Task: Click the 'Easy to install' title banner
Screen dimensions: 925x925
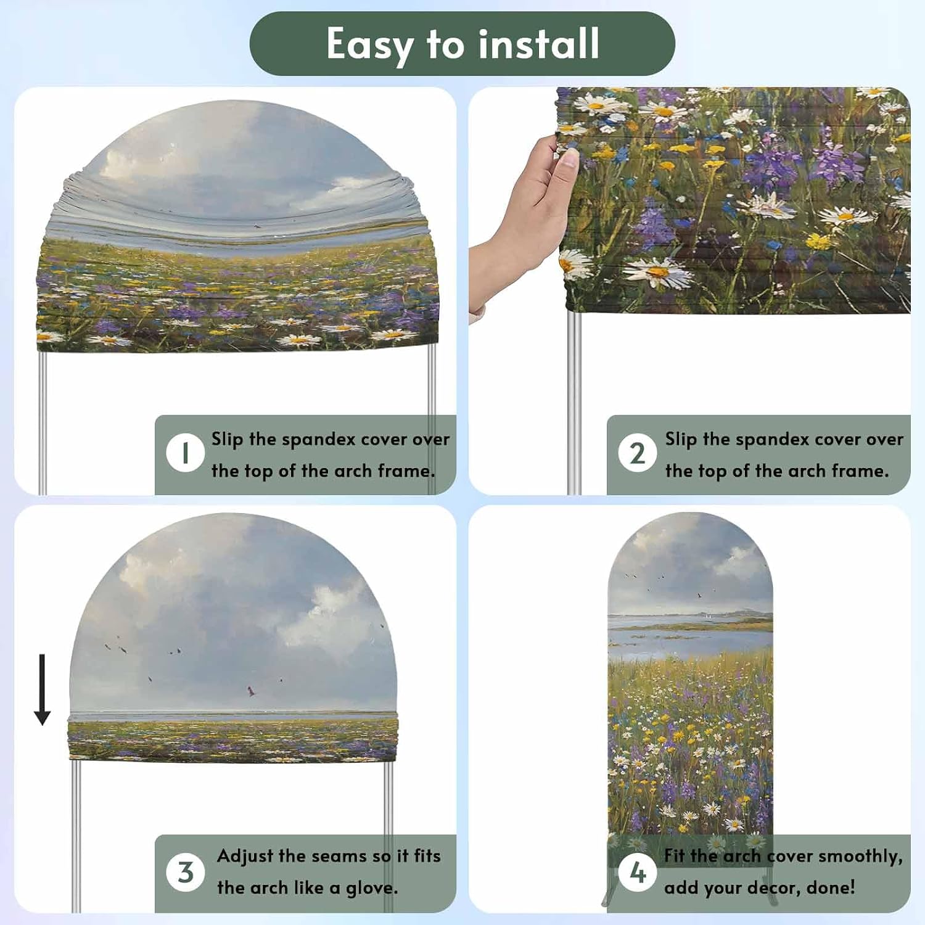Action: (x=462, y=44)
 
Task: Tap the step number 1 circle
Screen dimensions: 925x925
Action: (x=185, y=453)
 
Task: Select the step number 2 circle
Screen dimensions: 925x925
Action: (x=637, y=453)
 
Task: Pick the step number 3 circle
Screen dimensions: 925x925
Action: (x=185, y=872)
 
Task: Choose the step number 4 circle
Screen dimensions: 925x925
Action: (x=637, y=872)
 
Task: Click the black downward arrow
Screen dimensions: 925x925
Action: (x=42, y=689)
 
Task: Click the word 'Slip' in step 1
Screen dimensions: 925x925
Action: (x=228, y=440)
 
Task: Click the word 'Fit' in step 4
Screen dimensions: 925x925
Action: (x=675, y=856)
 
